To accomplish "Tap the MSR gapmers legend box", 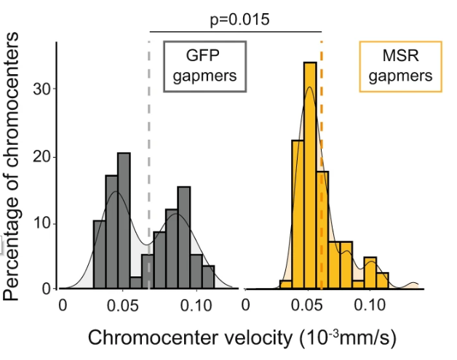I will tap(400, 65).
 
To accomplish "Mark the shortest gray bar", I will tap(135, 283).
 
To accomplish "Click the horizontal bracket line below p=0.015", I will tap(235, 32).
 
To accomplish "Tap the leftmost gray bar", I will tap(99, 255).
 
